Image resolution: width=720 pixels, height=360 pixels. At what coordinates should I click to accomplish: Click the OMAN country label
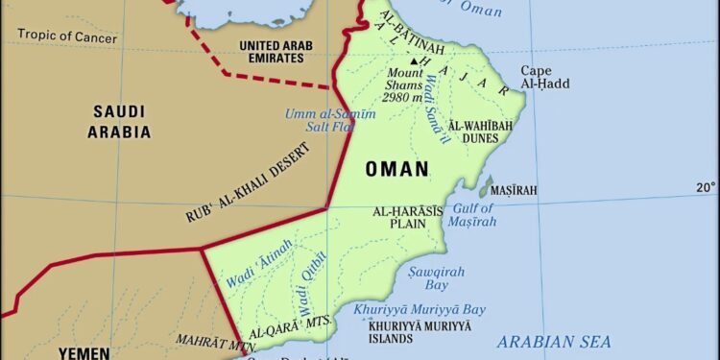coord(396,170)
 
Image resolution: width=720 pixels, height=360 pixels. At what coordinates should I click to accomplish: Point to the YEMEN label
coord(84,351)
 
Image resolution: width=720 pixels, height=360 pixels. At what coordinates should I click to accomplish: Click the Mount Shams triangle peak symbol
coord(415,60)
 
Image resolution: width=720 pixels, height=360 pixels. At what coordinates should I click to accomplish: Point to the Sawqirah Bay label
coord(429,278)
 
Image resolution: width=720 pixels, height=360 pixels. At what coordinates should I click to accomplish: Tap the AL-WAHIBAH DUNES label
coord(480,132)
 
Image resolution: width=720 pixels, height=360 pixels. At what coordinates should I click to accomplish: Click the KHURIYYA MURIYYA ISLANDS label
coord(406,332)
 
